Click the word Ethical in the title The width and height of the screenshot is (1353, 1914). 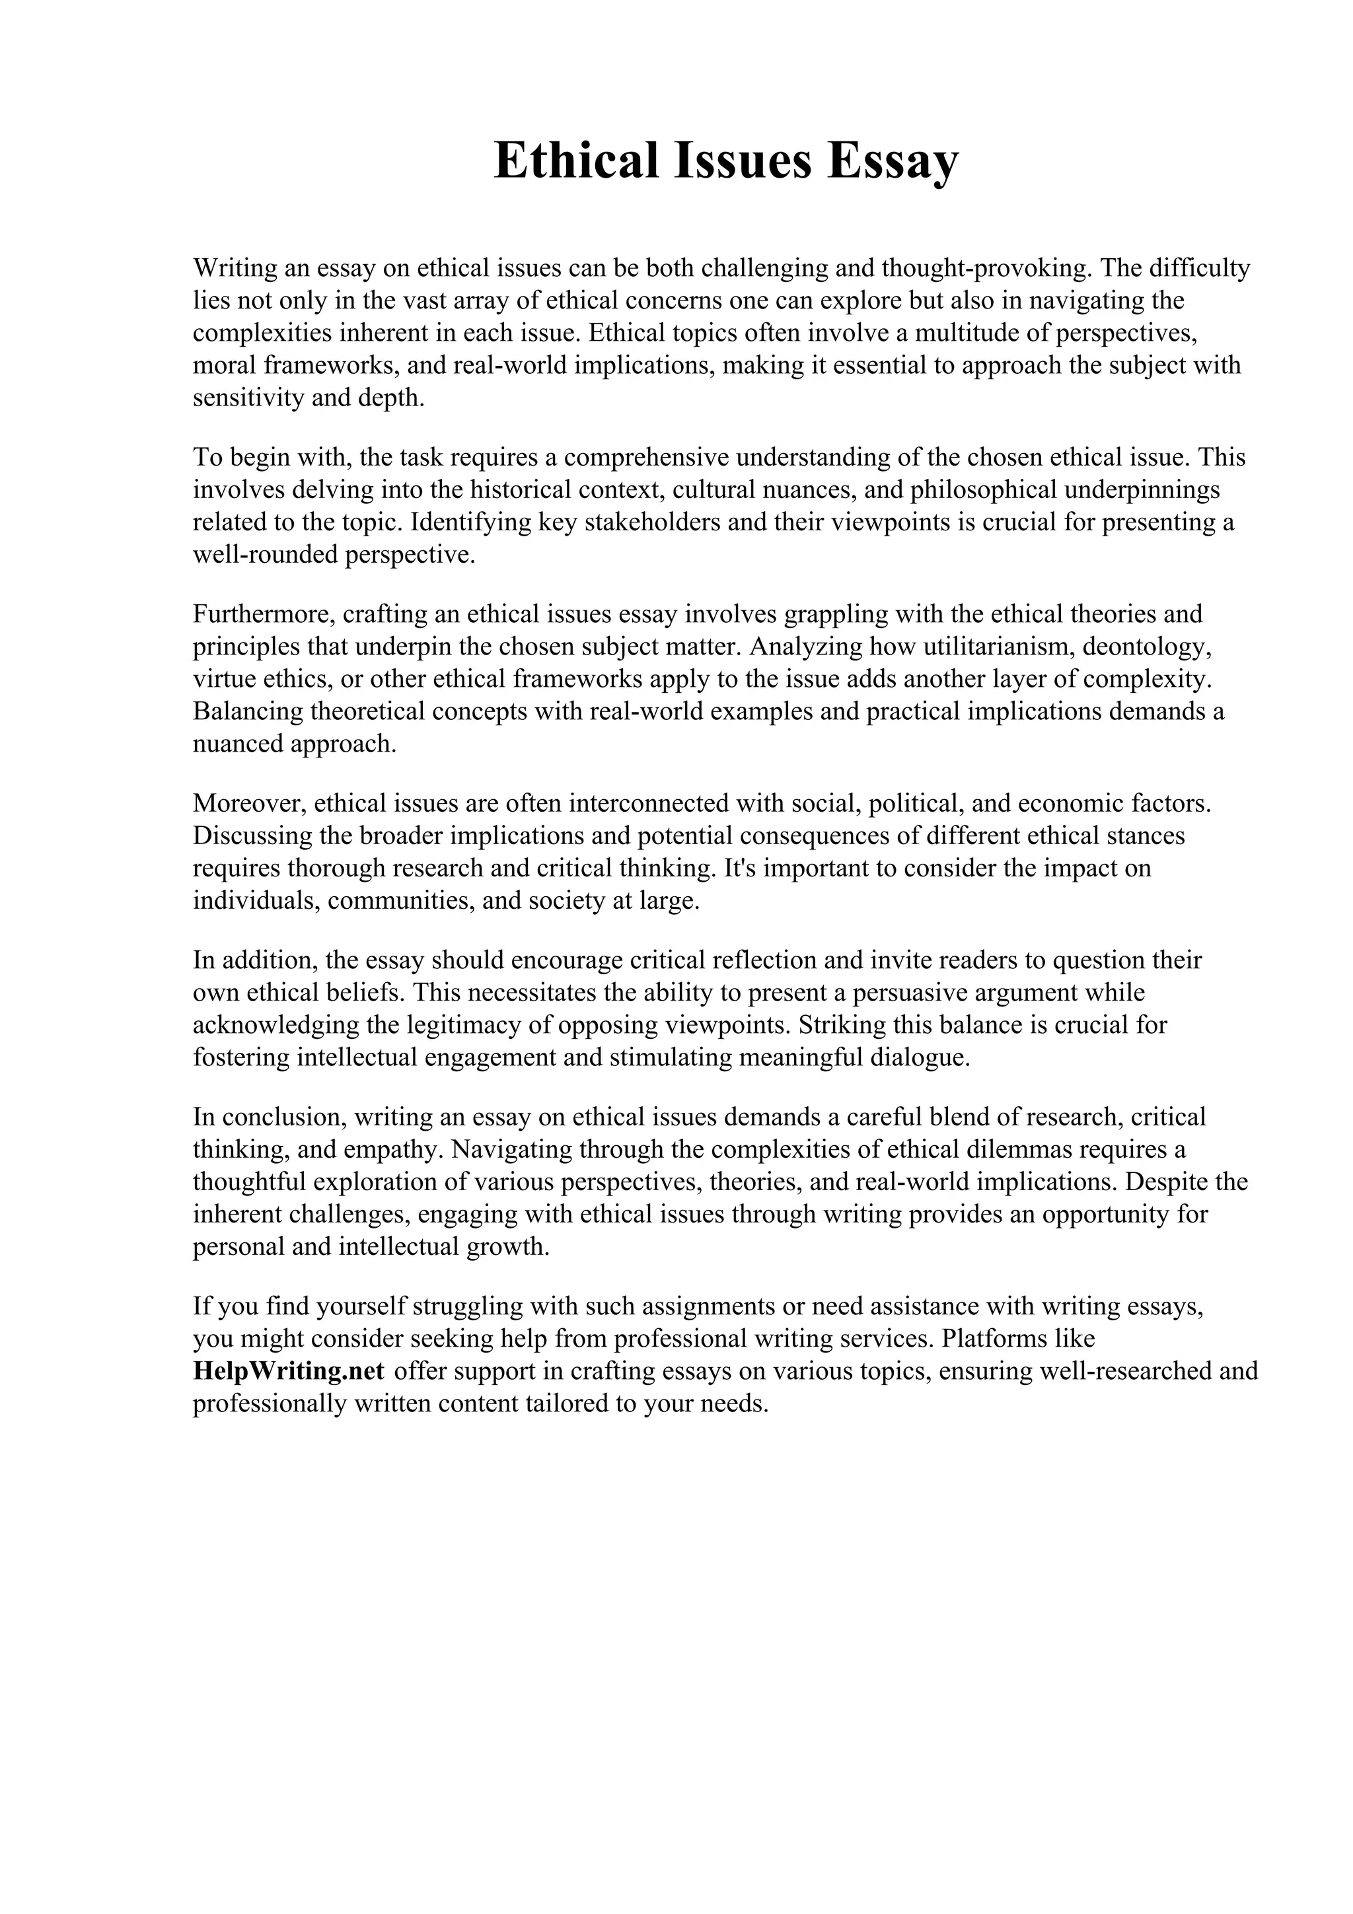tap(576, 161)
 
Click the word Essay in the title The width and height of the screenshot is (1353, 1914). tap(893, 161)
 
